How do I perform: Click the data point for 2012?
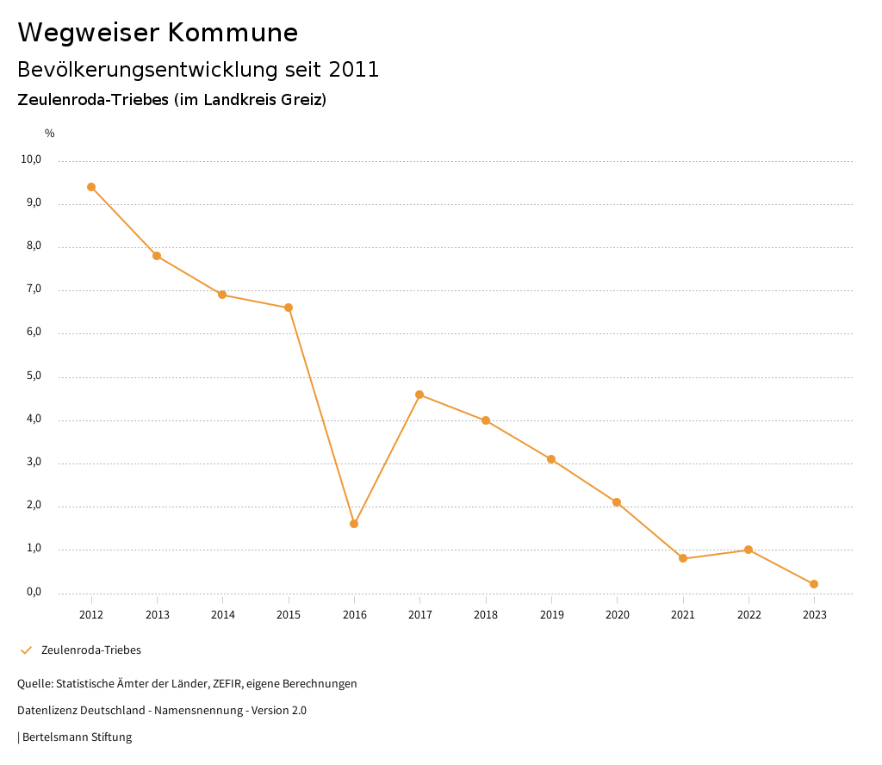[x=91, y=187]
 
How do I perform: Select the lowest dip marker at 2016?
[x=354, y=524]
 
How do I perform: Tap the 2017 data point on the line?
[x=419, y=395]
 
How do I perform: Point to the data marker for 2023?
[x=814, y=584]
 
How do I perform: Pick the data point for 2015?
[x=289, y=308]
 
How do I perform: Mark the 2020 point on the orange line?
[x=617, y=502]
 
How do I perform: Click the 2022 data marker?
[x=748, y=550]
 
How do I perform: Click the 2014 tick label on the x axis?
[x=223, y=615]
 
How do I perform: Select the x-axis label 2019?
[x=551, y=615]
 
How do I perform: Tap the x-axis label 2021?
[x=683, y=615]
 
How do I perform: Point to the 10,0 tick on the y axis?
[x=32, y=159]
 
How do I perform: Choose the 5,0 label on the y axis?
[x=34, y=376]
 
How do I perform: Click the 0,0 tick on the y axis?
[x=34, y=593]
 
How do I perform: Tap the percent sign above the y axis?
[x=50, y=134]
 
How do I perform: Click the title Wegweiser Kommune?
[x=158, y=33]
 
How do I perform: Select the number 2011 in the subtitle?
[x=354, y=70]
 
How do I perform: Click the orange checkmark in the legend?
[x=26, y=650]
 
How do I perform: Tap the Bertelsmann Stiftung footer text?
[x=77, y=737]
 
